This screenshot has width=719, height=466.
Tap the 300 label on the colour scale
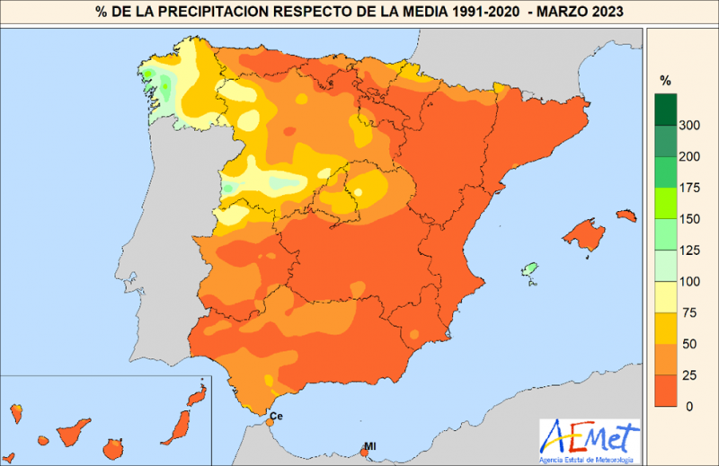click(x=688, y=126)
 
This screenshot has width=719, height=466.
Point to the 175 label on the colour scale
click(x=688, y=188)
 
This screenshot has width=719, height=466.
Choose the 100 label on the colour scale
click(x=688, y=280)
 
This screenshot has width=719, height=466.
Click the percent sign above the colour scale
click(x=665, y=80)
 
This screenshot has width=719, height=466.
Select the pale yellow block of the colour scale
click(x=665, y=295)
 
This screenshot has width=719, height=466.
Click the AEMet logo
click(x=589, y=439)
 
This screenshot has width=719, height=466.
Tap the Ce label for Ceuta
click(x=276, y=417)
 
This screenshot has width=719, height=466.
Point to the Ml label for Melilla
click(x=369, y=446)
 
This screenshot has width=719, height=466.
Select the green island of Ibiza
click(x=530, y=268)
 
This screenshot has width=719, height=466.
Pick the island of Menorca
click(x=626, y=215)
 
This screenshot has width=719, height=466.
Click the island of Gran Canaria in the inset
click(x=115, y=446)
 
